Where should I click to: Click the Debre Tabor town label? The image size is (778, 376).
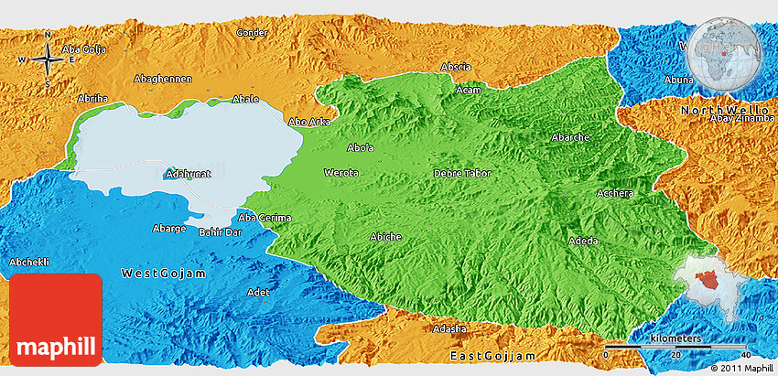click(462, 173)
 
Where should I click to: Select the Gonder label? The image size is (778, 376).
click(252, 32)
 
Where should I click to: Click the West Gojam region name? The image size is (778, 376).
click(164, 274)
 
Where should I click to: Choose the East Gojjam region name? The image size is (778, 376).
click(491, 354)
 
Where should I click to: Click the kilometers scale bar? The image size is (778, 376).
click(676, 348)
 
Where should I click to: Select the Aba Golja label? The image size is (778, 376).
click(83, 48)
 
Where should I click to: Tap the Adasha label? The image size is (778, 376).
click(450, 328)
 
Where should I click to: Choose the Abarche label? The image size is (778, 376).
click(570, 136)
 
